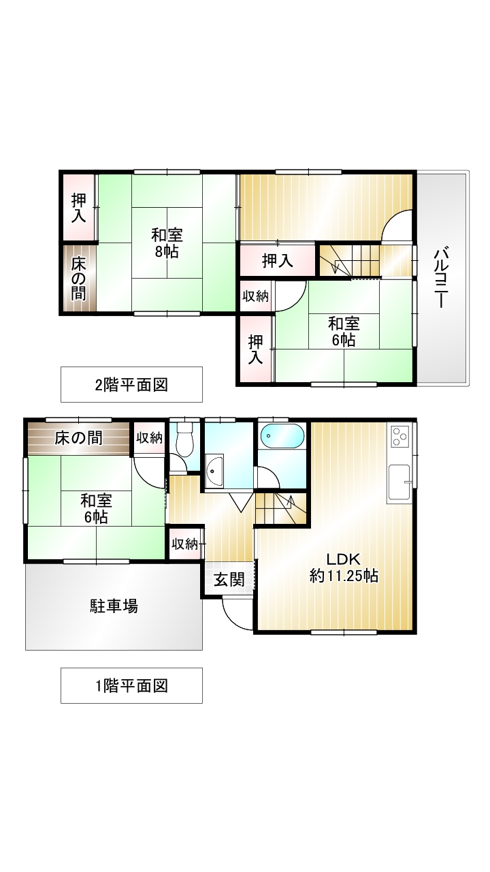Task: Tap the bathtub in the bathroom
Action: click(282, 437)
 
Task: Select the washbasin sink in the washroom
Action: click(214, 470)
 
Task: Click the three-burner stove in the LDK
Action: click(399, 436)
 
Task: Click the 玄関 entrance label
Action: click(229, 580)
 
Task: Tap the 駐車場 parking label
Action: click(114, 606)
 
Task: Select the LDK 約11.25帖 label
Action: click(344, 567)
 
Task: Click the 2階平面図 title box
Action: click(131, 385)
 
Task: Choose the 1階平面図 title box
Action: click(131, 685)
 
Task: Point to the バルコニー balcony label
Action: click(440, 278)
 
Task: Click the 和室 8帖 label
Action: click(167, 243)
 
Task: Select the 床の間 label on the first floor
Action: click(78, 438)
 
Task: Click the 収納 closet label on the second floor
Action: click(255, 296)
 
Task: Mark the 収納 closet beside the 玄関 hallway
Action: click(184, 544)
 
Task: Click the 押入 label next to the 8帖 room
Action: click(78, 208)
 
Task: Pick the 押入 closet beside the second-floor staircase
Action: click(277, 260)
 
